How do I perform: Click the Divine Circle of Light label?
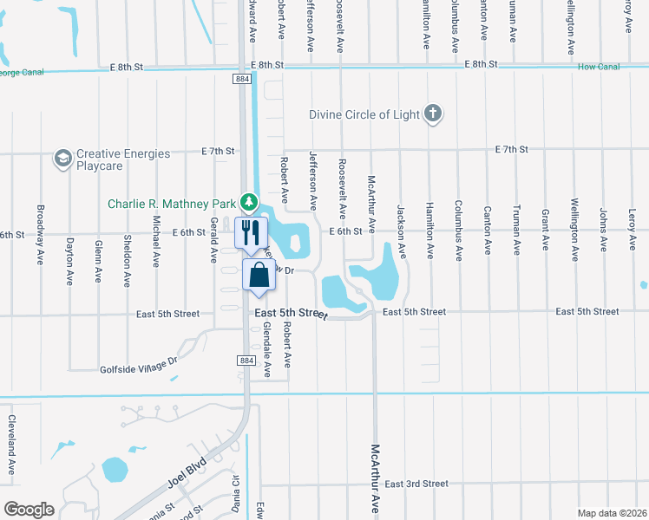(x=364, y=114)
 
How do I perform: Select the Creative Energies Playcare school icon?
(x=62, y=159)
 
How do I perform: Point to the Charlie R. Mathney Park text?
(x=173, y=205)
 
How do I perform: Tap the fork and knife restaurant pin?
(x=252, y=232)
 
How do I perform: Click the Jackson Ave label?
(x=401, y=231)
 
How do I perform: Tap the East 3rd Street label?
(x=416, y=484)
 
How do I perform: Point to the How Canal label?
(x=596, y=66)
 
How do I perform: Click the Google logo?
(x=29, y=510)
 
